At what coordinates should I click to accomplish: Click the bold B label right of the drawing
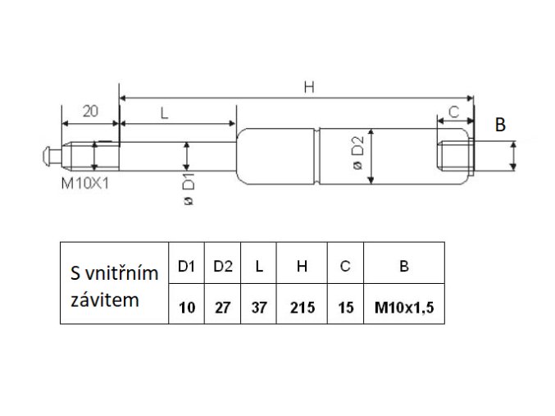[500, 125]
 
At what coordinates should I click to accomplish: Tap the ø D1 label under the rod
[189, 190]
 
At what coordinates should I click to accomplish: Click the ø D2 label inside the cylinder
[357, 155]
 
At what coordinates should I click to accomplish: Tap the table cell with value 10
[185, 308]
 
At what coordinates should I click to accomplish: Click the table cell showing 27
[222, 308]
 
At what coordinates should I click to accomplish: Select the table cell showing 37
[259, 308]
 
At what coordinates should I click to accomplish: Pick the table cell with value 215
[301, 308]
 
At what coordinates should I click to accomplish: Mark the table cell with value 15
[345, 308]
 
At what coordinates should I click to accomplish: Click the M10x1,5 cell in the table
[403, 308]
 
